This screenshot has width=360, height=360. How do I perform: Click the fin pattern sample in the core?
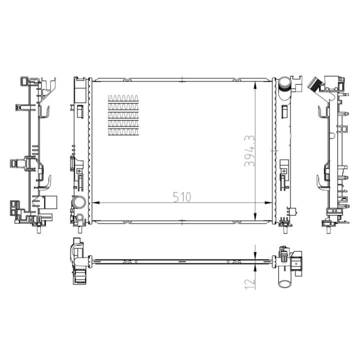(123, 114)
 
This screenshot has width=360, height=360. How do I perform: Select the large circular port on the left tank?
(78, 203)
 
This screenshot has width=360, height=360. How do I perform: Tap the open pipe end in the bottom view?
(284, 283)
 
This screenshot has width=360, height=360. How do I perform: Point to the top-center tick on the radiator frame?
(183, 79)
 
